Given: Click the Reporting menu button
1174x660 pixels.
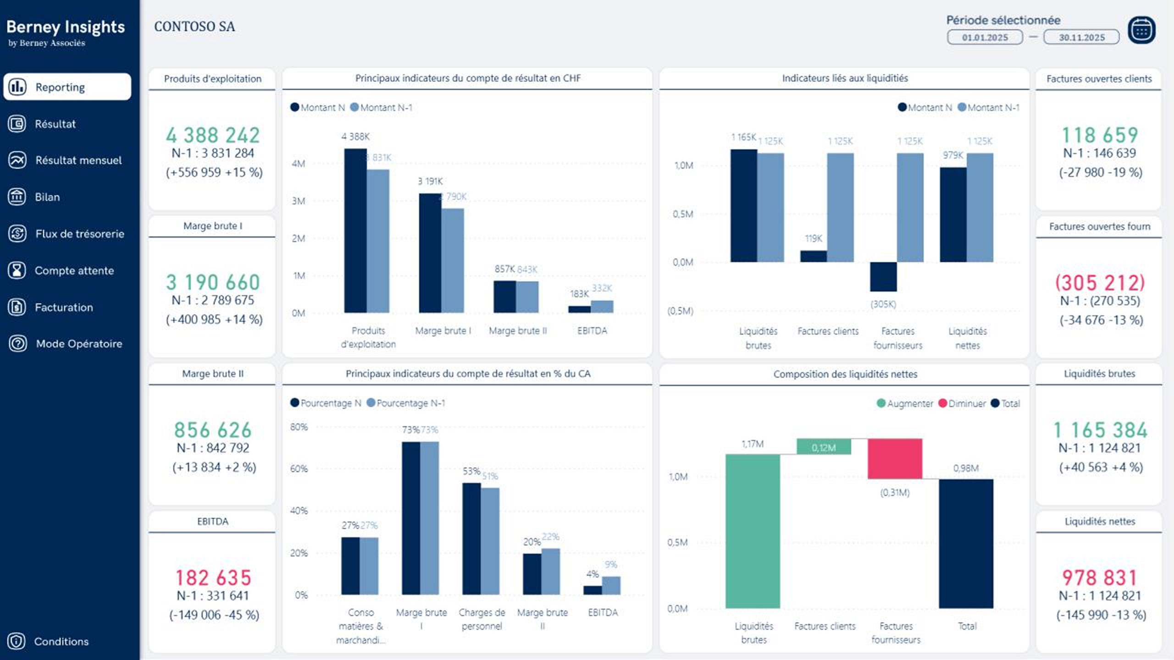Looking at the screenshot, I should (x=67, y=87).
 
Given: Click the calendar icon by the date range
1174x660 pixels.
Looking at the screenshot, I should (x=1141, y=30).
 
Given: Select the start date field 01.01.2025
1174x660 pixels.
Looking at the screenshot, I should (x=985, y=38).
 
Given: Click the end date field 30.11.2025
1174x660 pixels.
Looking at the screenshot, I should (x=1081, y=38).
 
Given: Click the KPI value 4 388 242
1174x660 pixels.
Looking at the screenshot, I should (x=213, y=135).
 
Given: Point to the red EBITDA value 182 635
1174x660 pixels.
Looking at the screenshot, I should (x=213, y=577).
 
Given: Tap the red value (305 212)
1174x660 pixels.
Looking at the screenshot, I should (x=1100, y=282).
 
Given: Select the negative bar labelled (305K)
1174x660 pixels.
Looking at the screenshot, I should (x=883, y=277).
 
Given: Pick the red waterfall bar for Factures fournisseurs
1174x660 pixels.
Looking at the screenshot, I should (x=895, y=458).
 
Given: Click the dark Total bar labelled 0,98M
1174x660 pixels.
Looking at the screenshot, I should (x=966, y=544).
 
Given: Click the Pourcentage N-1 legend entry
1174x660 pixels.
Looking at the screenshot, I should (x=406, y=403).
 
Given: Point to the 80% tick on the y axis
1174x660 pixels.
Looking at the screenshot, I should (x=299, y=427).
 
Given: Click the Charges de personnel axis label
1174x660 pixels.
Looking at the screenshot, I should (x=482, y=619).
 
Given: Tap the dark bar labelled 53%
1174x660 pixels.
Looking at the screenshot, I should (x=471, y=539).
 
